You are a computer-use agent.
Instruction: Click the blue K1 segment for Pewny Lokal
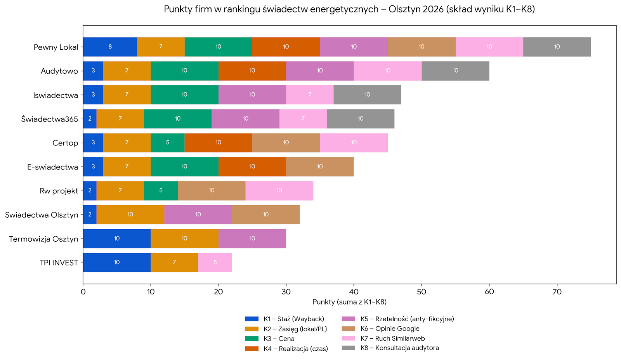110,47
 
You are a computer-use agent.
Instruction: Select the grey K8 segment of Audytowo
455,71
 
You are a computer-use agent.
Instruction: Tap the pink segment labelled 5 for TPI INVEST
215,263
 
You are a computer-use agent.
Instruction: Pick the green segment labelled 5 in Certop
168,143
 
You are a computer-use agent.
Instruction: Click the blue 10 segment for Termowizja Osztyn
117,239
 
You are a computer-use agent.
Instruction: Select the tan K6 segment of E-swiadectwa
320,167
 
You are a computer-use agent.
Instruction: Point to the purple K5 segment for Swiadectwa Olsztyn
198,215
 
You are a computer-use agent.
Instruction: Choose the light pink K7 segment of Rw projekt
279,190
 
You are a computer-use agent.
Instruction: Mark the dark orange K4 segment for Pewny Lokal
286,47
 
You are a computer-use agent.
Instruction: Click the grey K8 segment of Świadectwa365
361,119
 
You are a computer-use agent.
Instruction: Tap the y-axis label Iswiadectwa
56,95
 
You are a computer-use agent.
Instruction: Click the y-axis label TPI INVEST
59,263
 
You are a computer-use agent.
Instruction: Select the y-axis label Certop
65,143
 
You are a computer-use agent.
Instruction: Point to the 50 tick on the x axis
422,292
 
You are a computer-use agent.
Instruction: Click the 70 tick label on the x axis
557,292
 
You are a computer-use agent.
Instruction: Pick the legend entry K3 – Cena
279,339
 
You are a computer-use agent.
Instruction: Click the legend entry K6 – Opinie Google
390,329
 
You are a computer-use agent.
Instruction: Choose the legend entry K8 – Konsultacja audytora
399,348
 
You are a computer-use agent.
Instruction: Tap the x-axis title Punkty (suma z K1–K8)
349,302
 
